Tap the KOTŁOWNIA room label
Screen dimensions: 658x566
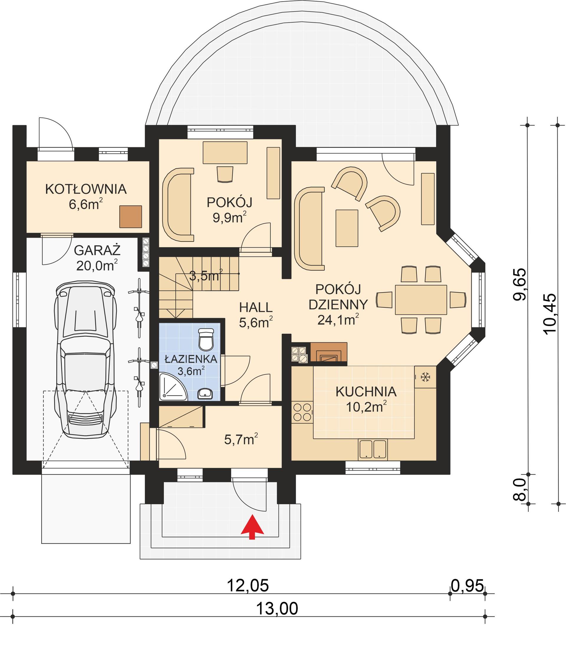pyautogui.click(x=86, y=189)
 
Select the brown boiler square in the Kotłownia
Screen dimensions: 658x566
pyautogui.click(x=131, y=217)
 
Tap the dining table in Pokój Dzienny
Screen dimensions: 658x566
pyautogui.click(x=421, y=300)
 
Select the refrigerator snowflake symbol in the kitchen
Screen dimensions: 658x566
pyautogui.click(x=425, y=377)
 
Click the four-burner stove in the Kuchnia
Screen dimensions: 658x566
pyautogui.click(x=302, y=412)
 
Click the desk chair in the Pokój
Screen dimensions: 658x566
pyautogui.click(x=225, y=174)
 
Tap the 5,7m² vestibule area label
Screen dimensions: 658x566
pyautogui.click(x=241, y=440)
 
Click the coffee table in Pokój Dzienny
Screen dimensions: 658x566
pyautogui.click(x=347, y=228)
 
